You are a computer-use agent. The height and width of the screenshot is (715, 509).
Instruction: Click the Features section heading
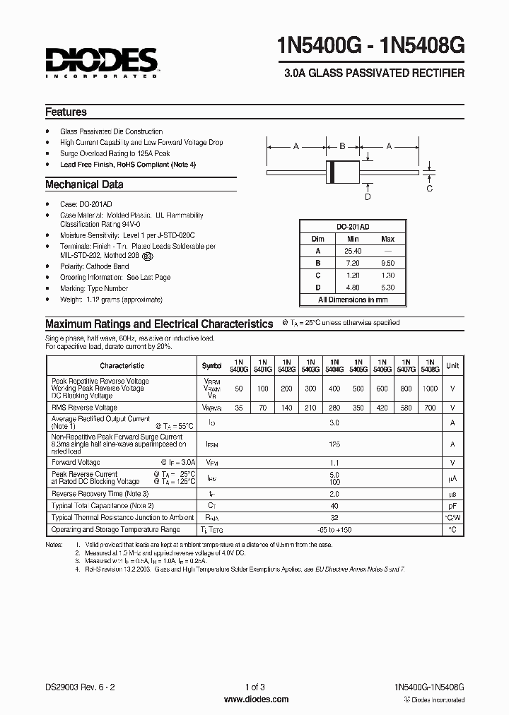coord(66,112)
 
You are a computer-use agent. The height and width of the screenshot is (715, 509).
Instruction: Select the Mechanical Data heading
coord(84,184)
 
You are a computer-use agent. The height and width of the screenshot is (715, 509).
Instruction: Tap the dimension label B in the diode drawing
coord(342,146)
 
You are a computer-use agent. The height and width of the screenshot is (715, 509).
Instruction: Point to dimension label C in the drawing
coord(430,189)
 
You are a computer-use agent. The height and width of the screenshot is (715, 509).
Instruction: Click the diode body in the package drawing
coord(342,172)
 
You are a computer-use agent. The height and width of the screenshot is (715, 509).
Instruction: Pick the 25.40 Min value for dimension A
coord(353,251)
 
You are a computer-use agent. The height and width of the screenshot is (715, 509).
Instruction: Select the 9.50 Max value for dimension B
coord(387,263)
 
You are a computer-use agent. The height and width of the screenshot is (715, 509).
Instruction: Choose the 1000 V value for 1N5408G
coord(430,389)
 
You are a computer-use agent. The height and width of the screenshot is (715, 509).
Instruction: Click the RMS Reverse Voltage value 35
coord(240,408)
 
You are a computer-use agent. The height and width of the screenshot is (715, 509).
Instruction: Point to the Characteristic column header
coord(122,366)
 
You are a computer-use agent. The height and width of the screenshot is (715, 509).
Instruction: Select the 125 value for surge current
coord(334,444)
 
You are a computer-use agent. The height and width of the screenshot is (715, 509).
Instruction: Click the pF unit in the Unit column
coord(452,506)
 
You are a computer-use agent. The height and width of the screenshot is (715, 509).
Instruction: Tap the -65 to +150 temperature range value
coord(334,529)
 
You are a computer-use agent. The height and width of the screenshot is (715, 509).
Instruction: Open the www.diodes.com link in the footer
coord(255,699)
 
